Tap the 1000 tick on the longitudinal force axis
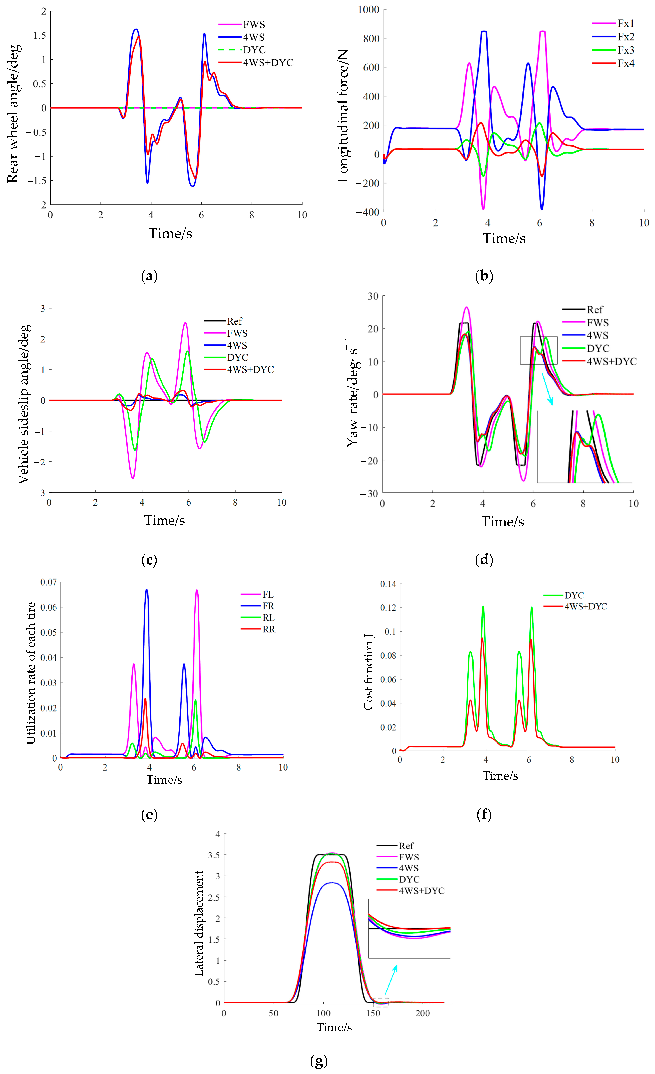[369, 10]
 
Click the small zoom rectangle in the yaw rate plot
[539, 350]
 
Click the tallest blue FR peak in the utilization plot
[147, 591]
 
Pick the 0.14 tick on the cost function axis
[388, 584]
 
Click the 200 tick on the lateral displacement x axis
[423, 1013]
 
